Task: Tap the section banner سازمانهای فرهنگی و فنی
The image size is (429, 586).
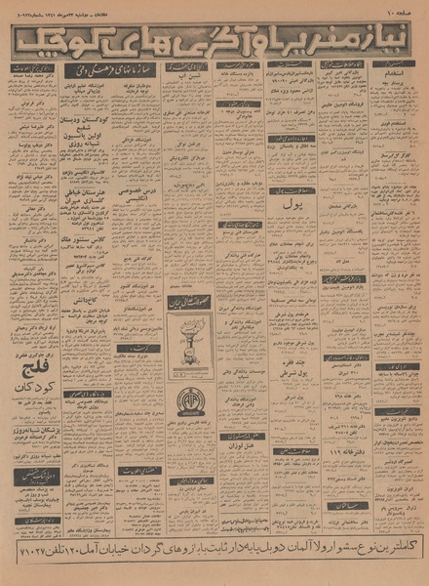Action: (107, 71)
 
